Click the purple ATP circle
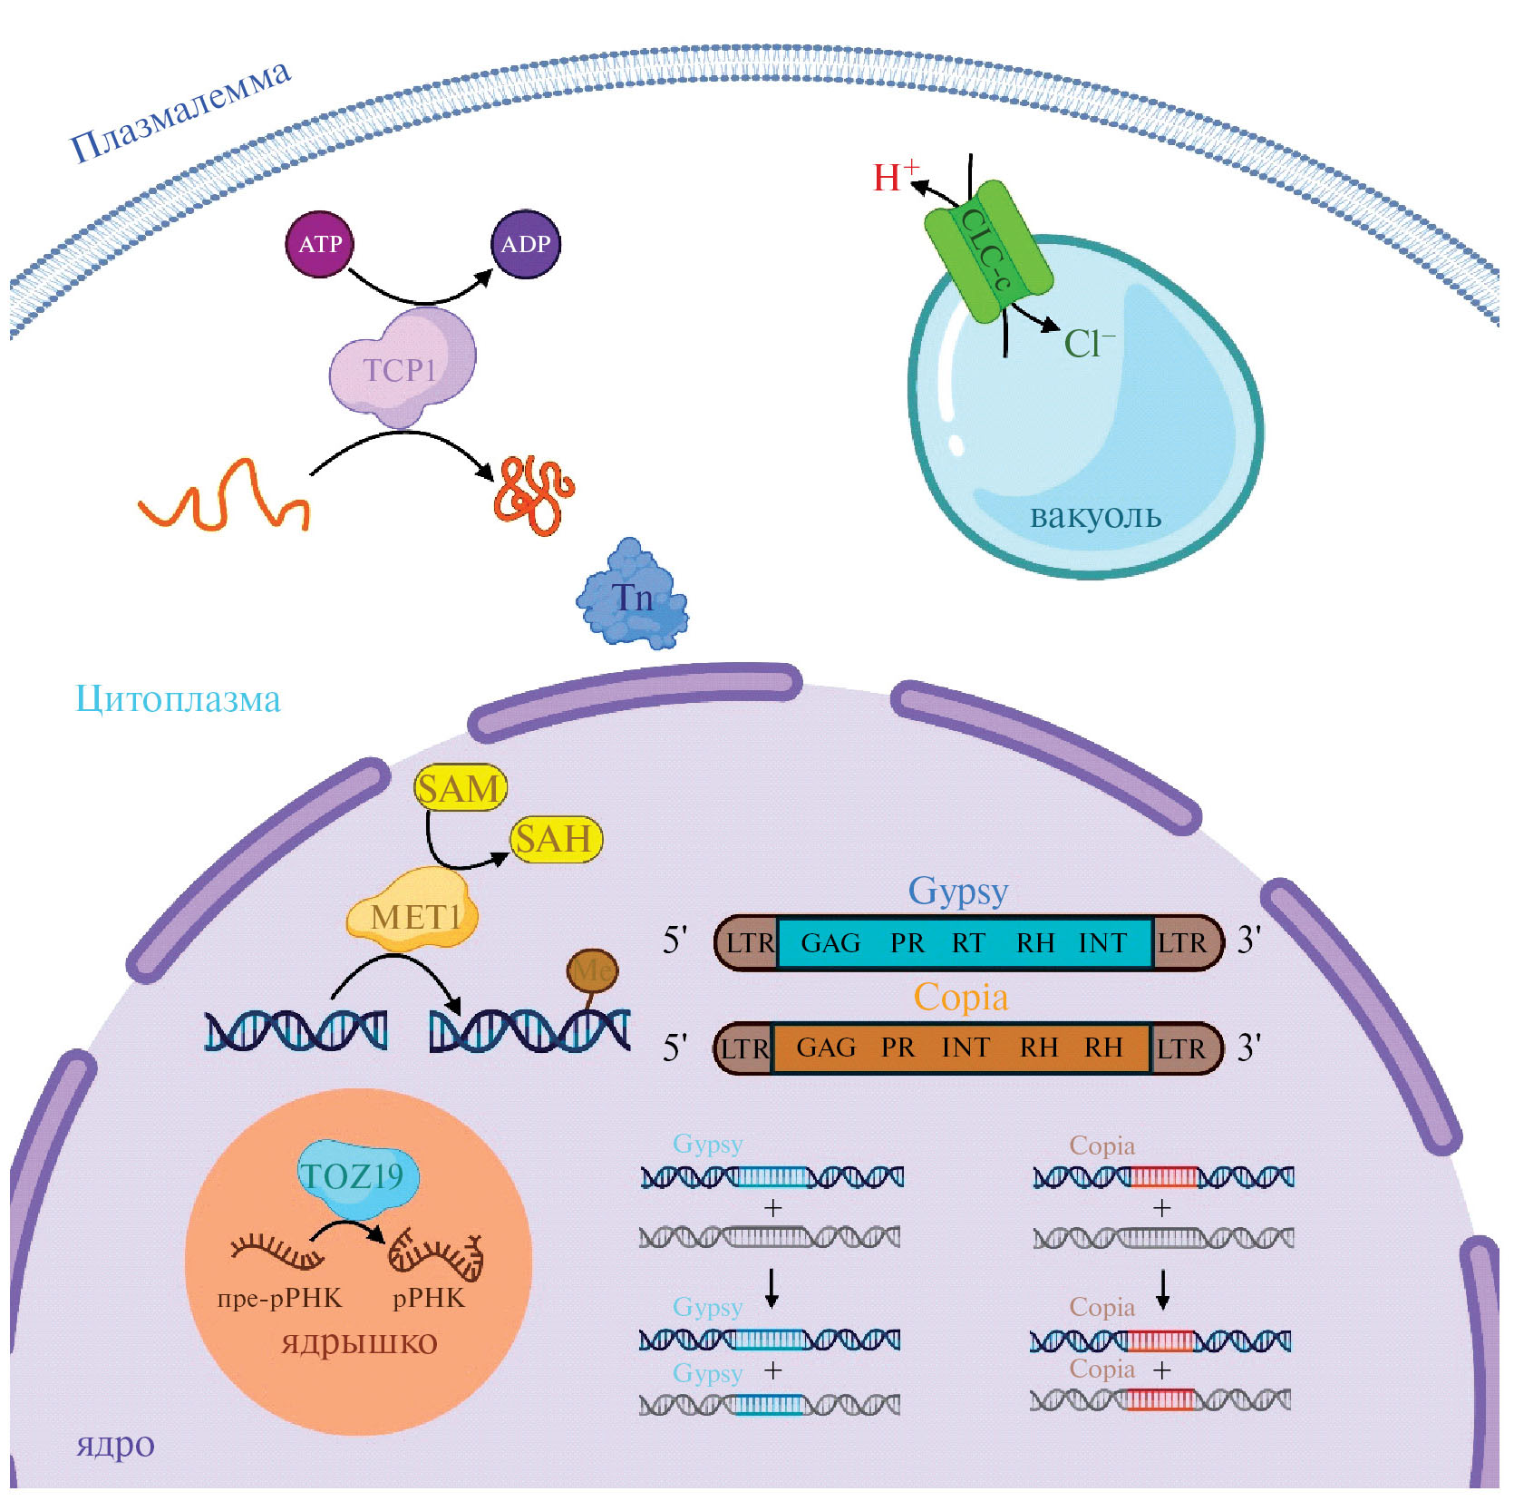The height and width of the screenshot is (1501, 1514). click(320, 244)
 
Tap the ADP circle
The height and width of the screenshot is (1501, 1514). click(526, 244)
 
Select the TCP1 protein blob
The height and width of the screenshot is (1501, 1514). click(402, 368)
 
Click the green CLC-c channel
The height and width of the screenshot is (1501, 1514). click(988, 251)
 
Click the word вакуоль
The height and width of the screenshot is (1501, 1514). click(1095, 515)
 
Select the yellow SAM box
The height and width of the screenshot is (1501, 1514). click(460, 787)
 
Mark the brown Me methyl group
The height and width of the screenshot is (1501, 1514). click(592, 971)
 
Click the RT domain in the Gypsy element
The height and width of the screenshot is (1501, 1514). click(968, 943)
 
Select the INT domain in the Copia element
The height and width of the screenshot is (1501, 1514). click(966, 1048)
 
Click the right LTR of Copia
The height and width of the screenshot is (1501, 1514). click(1181, 1048)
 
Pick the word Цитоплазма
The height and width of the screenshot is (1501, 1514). click(178, 699)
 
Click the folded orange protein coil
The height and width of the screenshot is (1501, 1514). click(533, 494)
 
